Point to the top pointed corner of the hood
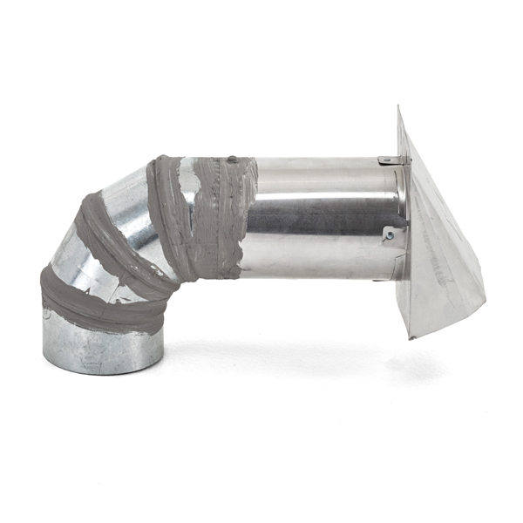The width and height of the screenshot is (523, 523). (398, 108)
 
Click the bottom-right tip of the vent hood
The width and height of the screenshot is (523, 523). (484, 301)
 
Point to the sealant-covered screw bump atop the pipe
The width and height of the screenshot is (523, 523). (232, 160)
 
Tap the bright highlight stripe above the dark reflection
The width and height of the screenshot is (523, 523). (323, 188)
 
